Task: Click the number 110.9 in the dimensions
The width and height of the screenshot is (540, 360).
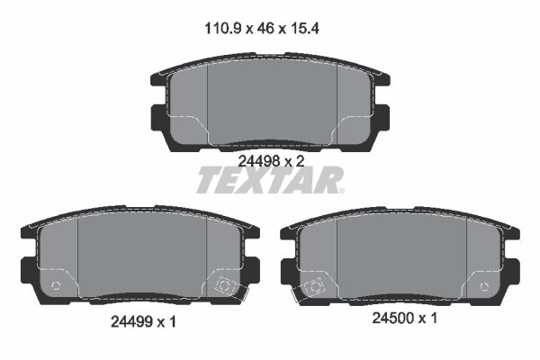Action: click(221, 29)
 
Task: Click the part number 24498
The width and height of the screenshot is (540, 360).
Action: click(256, 160)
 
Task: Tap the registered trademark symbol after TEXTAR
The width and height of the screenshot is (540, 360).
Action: click(340, 189)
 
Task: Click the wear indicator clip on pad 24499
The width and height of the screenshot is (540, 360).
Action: click(222, 287)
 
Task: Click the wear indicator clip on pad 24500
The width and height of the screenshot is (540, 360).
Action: click(314, 287)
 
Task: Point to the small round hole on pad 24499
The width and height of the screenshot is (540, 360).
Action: click(56, 287)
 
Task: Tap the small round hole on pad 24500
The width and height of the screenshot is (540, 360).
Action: click(483, 287)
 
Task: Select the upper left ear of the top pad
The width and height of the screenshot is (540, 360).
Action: click(154, 79)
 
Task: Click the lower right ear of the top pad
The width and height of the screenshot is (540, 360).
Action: click(381, 117)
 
